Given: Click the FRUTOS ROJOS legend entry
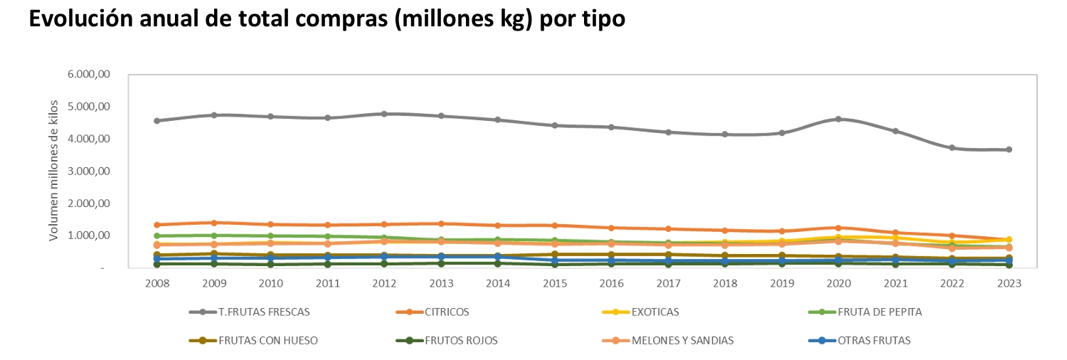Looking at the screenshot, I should (461, 340).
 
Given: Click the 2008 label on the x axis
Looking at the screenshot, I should (157, 283).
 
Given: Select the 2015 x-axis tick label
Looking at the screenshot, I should (554, 283).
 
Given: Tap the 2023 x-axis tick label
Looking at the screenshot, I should (1009, 283).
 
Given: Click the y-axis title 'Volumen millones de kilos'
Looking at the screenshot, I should (53, 171).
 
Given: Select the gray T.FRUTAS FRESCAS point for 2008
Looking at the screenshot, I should (157, 121).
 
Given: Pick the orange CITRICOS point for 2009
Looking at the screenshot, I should (214, 223).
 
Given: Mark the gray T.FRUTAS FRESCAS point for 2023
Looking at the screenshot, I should (1009, 149).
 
